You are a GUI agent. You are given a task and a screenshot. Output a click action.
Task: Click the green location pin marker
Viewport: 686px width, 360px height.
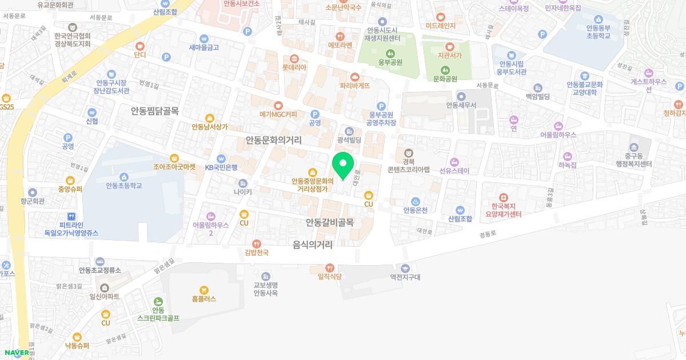[343, 165]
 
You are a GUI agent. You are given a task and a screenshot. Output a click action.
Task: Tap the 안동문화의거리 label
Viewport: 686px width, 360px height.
[273, 139]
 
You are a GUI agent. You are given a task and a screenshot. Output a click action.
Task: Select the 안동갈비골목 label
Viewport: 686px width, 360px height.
[330, 222]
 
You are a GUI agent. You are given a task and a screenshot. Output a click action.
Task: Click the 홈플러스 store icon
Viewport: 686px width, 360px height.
[204, 290]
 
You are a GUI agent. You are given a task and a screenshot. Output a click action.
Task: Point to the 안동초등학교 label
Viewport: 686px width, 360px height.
[123, 186]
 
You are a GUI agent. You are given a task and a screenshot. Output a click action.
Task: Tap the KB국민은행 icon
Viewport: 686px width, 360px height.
[221, 158]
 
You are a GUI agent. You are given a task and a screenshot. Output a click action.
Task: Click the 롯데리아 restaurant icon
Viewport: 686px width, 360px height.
[294, 58]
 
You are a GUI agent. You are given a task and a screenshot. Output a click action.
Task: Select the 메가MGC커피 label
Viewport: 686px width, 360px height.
[278, 114]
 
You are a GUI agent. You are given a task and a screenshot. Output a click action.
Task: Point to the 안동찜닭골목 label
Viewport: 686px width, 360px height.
[154, 111]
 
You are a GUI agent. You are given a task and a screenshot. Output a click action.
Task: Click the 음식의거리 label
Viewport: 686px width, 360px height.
[313, 245]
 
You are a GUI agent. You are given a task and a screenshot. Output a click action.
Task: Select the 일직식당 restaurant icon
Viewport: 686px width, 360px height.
[329, 267]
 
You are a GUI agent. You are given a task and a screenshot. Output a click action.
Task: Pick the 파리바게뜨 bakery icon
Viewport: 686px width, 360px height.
[355, 76]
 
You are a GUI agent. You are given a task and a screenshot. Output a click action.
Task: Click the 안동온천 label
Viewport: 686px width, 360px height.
[416, 210]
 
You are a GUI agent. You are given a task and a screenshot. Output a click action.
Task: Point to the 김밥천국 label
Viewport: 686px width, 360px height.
[257, 252]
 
